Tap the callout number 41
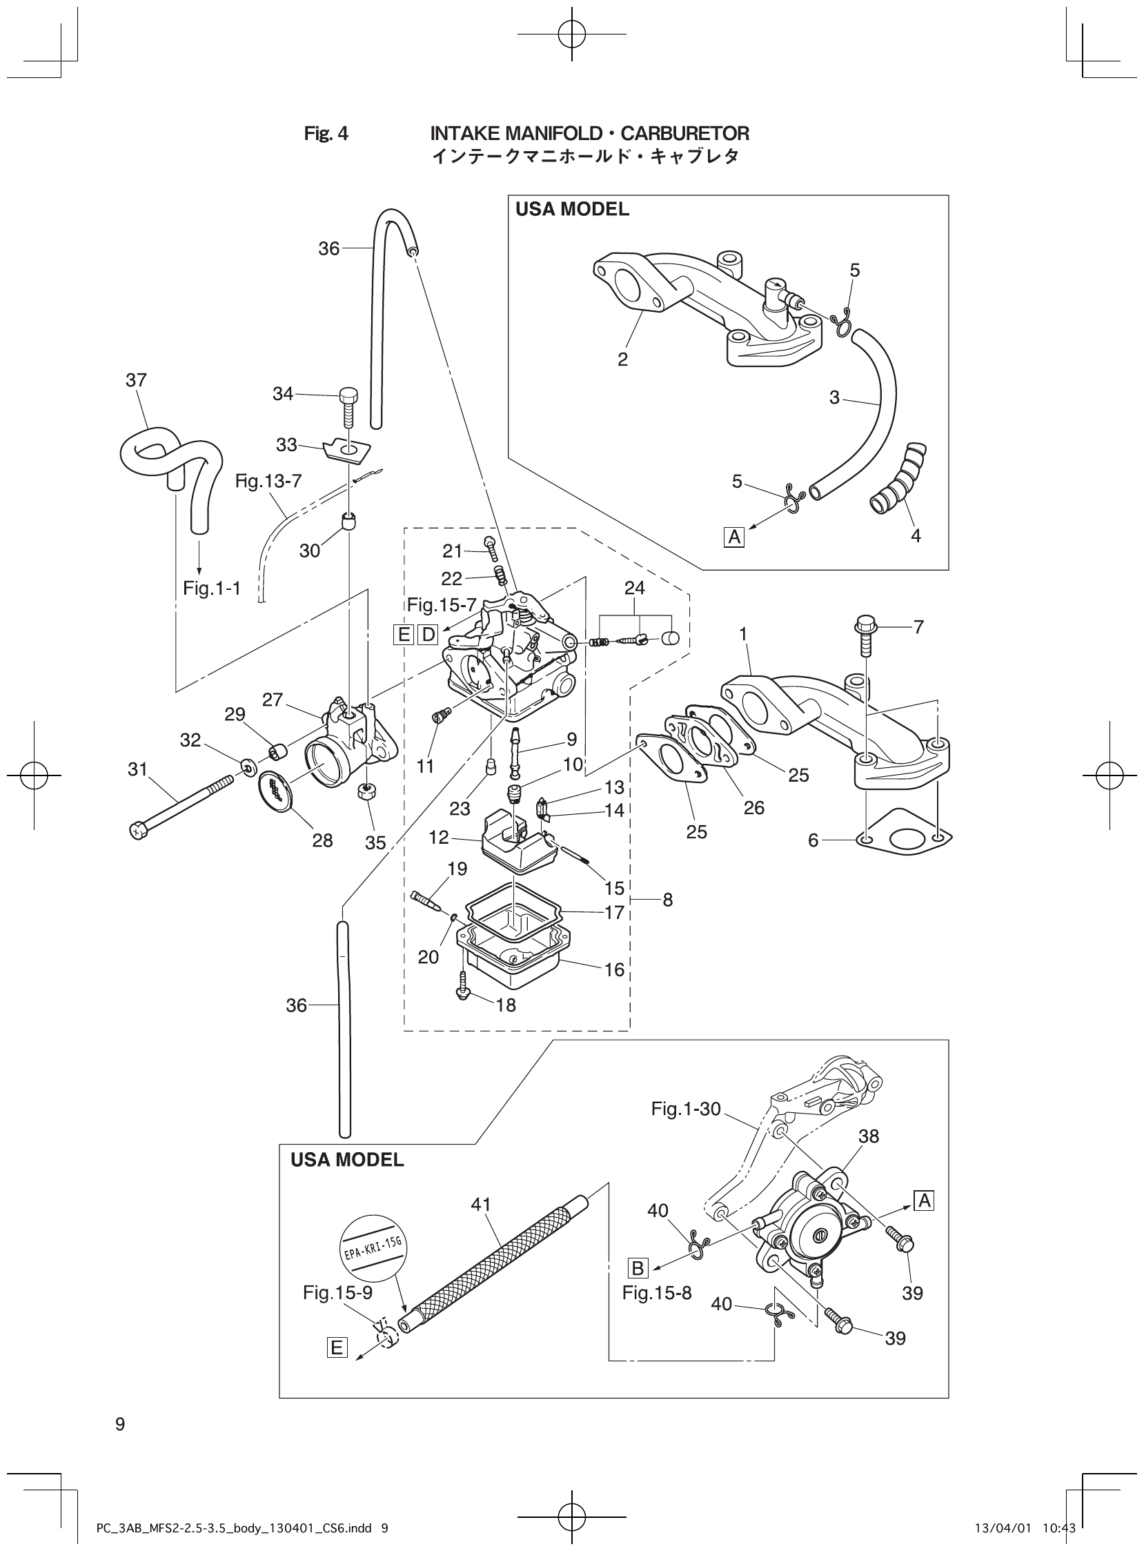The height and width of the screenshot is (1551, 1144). click(x=481, y=1204)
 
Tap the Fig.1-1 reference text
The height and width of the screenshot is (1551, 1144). click(x=211, y=589)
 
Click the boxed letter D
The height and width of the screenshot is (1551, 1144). click(x=428, y=634)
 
